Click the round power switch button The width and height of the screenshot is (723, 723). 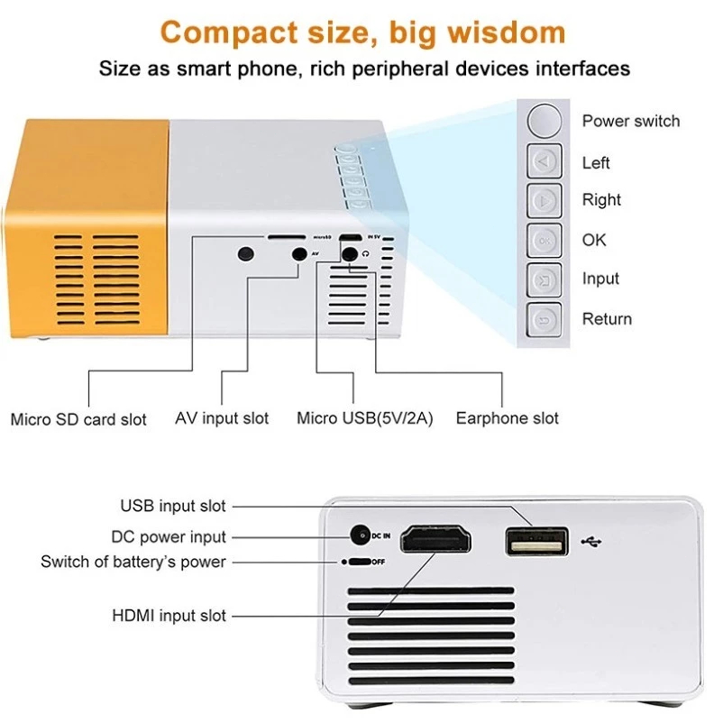click(x=545, y=121)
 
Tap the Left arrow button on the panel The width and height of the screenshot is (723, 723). click(x=545, y=161)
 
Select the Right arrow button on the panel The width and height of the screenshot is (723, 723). click(x=545, y=201)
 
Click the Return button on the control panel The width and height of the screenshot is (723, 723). click(x=545, y=320)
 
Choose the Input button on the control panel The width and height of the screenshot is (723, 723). click(x=545, y=280)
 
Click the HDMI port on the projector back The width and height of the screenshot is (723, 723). click(x=435, y=538)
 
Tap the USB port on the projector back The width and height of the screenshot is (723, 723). click(x=536, y=541)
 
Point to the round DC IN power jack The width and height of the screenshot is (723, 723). click(x=361, y=535)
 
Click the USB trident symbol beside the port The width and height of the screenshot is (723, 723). click(x=591, y=541)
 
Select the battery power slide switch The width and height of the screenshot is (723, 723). click(x=360, y=562)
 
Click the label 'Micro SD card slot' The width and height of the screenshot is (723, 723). click(x=78, y=419)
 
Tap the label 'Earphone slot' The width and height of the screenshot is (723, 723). click(x=508, y=418)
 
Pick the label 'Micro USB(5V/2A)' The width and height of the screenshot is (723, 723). click(x=365, y=418)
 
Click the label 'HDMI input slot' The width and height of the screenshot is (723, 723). click(x=169, y=616)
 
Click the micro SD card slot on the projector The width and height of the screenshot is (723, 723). click(x=287, y=237)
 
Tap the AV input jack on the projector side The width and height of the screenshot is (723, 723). click(x=299, y=253)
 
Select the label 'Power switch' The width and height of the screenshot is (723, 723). click(x=631, y=121)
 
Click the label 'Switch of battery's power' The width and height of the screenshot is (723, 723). click(x=133, y=562)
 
